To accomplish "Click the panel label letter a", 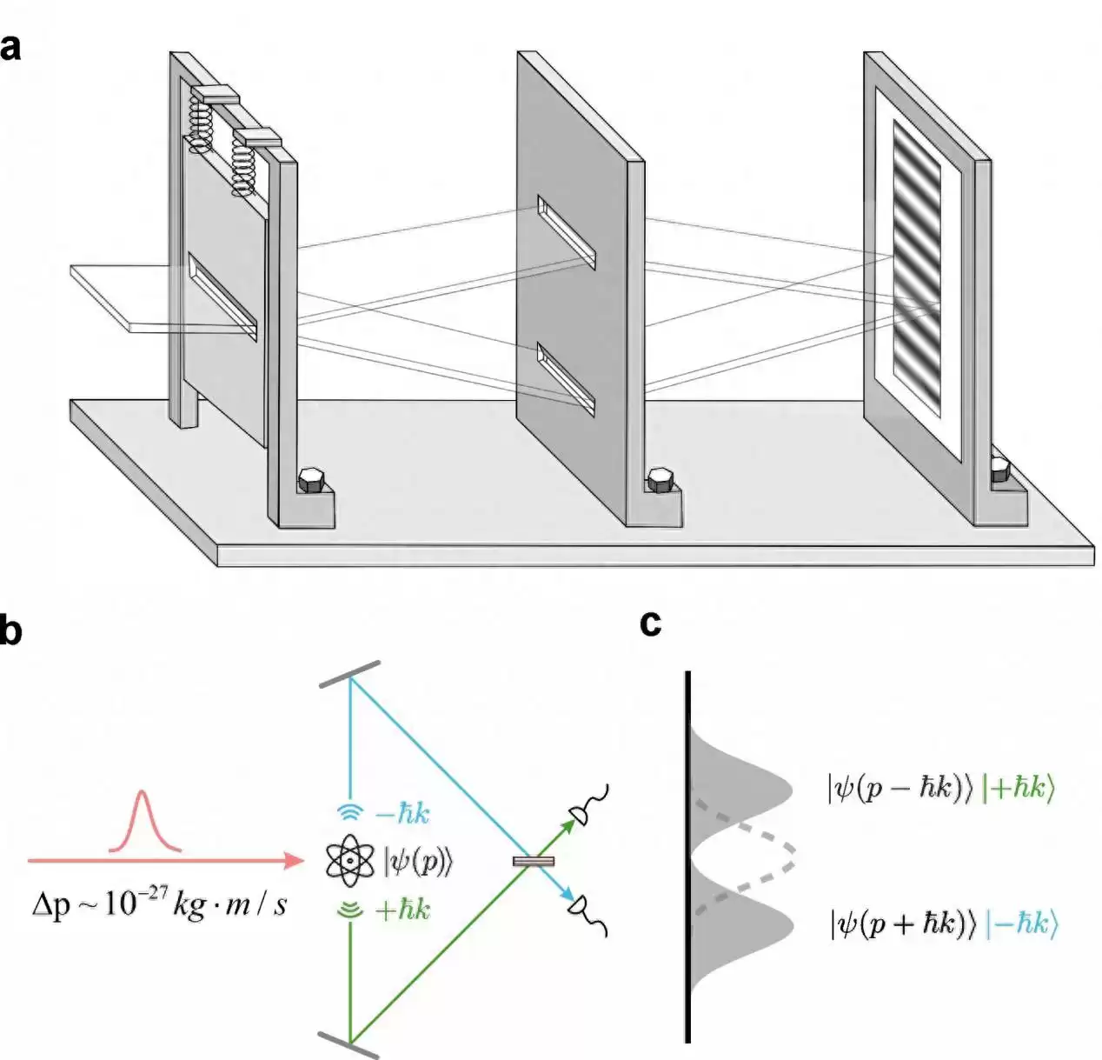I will (x=10, y=48).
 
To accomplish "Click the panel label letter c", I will (x=650, y=623).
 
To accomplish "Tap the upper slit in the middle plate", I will (x=567, y=233).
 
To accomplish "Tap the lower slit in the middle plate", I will (x=566, y=379).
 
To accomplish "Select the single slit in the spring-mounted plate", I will (x=222, y=297).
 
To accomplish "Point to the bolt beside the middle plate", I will (x=661, y=480).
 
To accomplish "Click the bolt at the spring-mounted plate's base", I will (x=310, y=480).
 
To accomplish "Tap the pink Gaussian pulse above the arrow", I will (x=144, y=822).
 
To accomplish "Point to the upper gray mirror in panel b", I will (x=350, y=675).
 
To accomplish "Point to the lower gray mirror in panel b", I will (x=349, y=1044).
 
